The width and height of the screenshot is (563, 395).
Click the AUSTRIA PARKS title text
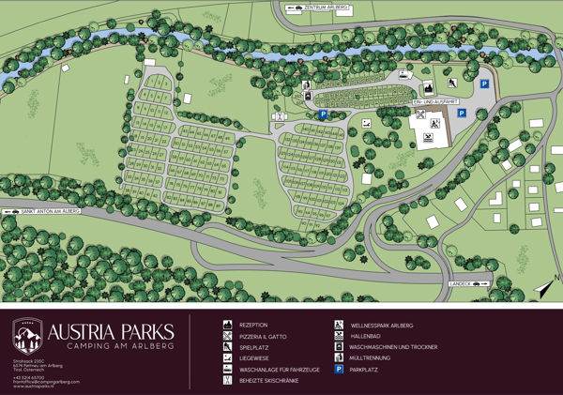coord(111,332)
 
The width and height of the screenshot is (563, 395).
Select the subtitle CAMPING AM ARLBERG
coord(111,348)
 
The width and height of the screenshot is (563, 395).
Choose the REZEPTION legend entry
coord(253,325)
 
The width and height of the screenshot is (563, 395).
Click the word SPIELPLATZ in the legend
coord(253,346)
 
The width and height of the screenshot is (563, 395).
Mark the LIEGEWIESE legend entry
coord(254,357)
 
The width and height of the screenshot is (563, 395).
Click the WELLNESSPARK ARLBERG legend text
coord(381,325)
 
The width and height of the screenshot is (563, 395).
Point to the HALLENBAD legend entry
coord(367,336)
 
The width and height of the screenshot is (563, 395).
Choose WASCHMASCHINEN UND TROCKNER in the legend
coord(393,346)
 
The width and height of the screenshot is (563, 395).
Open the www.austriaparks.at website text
coord(34,386)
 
